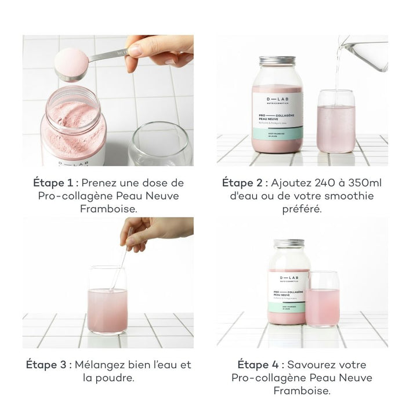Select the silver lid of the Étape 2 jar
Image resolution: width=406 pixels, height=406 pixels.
pyautogui.click(x=277, y=61)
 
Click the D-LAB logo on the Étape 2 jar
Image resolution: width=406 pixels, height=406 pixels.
pyautogui.click(x=277, y=96)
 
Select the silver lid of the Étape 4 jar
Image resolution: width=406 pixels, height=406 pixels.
pyautogui.click(x=289, y=244)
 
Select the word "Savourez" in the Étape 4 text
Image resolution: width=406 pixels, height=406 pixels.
pyautogui.click(x=313, y=365)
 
